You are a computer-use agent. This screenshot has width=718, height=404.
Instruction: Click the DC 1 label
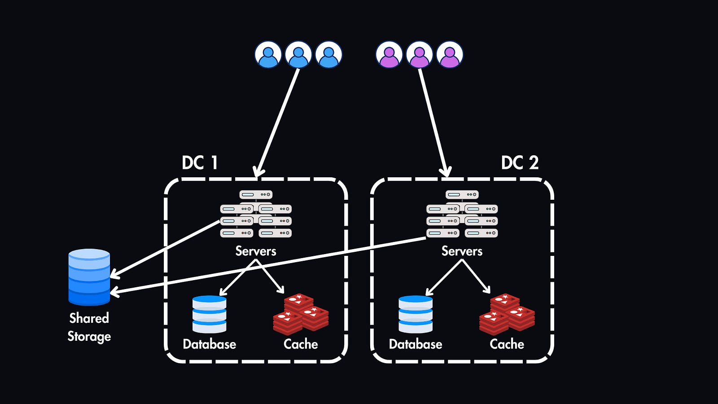200,162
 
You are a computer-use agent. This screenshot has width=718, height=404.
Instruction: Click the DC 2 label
520,162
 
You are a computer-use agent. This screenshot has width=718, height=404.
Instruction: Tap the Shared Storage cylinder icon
89,277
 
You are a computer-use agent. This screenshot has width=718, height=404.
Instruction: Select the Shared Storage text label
89,327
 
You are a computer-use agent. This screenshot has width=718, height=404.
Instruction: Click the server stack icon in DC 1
256,214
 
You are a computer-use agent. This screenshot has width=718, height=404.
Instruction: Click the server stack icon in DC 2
462,214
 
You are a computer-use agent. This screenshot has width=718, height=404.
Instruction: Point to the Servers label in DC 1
256,251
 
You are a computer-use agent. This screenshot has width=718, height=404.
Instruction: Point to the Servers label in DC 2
462,251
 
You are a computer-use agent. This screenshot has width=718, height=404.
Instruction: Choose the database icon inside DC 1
209,314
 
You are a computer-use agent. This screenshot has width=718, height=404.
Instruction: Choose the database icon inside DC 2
416,314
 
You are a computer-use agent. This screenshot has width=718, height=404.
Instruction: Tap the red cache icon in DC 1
301,315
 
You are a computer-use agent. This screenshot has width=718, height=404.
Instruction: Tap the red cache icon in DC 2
507,315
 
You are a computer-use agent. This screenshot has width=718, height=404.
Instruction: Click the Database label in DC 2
416,344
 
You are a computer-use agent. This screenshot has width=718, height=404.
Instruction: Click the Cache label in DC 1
301,344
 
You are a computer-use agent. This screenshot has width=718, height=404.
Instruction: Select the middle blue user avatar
298,55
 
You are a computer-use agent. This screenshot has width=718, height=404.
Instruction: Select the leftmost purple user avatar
389,55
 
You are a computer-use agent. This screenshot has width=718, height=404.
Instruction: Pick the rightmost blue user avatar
328,55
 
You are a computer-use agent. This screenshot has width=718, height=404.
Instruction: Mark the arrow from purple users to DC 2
433,121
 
